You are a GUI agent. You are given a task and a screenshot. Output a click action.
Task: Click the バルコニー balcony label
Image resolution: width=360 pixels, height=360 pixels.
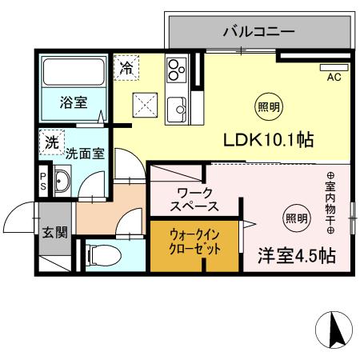258,33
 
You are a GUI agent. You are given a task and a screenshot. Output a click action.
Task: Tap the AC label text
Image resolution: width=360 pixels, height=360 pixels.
334,78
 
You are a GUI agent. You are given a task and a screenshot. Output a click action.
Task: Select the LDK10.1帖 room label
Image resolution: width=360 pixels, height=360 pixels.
267,139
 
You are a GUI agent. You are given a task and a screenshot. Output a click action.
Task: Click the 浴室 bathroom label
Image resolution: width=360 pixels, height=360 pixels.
74,102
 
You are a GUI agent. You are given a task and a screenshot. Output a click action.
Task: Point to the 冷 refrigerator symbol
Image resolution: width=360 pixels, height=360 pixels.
126,68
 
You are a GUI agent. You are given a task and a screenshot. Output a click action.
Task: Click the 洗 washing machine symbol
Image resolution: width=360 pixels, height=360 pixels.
52,143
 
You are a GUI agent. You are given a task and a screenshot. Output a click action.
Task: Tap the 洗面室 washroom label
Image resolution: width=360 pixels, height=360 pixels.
84,151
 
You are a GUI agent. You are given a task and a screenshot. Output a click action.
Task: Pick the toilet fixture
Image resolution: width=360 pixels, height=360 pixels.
102,255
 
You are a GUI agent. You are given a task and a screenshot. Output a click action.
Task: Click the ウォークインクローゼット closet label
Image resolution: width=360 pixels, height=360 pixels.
194,240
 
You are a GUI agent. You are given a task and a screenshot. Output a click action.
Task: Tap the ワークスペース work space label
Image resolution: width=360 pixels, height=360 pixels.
197,199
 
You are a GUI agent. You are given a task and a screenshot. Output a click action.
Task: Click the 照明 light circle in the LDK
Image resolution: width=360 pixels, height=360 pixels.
268,106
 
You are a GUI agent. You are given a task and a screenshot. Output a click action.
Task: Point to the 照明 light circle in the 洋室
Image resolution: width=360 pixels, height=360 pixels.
296,215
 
